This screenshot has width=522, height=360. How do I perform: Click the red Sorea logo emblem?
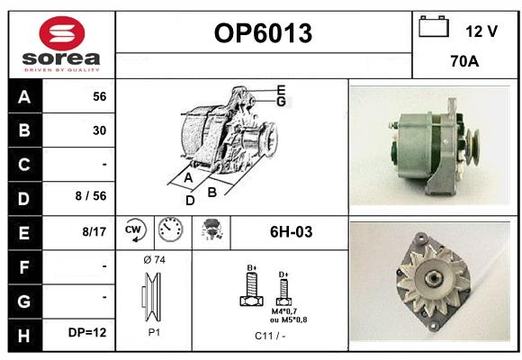click(62, 33)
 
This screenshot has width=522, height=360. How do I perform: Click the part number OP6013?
click(263, 33)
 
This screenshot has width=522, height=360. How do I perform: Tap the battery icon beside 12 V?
click(434, 26)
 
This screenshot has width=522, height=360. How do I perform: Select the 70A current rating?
click(464, 61)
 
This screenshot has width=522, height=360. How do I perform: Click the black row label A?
click(24, 97)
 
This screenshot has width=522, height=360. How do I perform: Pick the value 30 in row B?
click(100, 130)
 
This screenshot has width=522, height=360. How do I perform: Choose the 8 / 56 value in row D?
click(91, 196)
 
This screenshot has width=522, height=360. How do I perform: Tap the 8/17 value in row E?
click(94, 231)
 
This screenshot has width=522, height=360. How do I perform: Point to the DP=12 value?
click(87, 332)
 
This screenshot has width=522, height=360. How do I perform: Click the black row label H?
click(24, 336)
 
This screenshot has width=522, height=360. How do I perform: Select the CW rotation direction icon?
click(135, 230)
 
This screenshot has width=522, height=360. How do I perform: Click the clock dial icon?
click(170, 229)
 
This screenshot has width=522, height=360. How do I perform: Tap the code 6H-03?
click(291, 232)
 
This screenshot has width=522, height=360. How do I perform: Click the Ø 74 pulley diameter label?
click(154, 260)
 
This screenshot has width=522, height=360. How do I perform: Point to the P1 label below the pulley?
click(154, 332)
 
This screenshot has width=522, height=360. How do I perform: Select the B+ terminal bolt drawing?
click(252, 288)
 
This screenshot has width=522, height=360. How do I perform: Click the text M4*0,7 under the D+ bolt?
click(284, 311)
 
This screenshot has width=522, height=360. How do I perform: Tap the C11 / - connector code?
click(270, 336)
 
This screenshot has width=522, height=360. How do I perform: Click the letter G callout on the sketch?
click(282, 101)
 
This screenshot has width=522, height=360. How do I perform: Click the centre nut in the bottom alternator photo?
click(433, 277)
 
